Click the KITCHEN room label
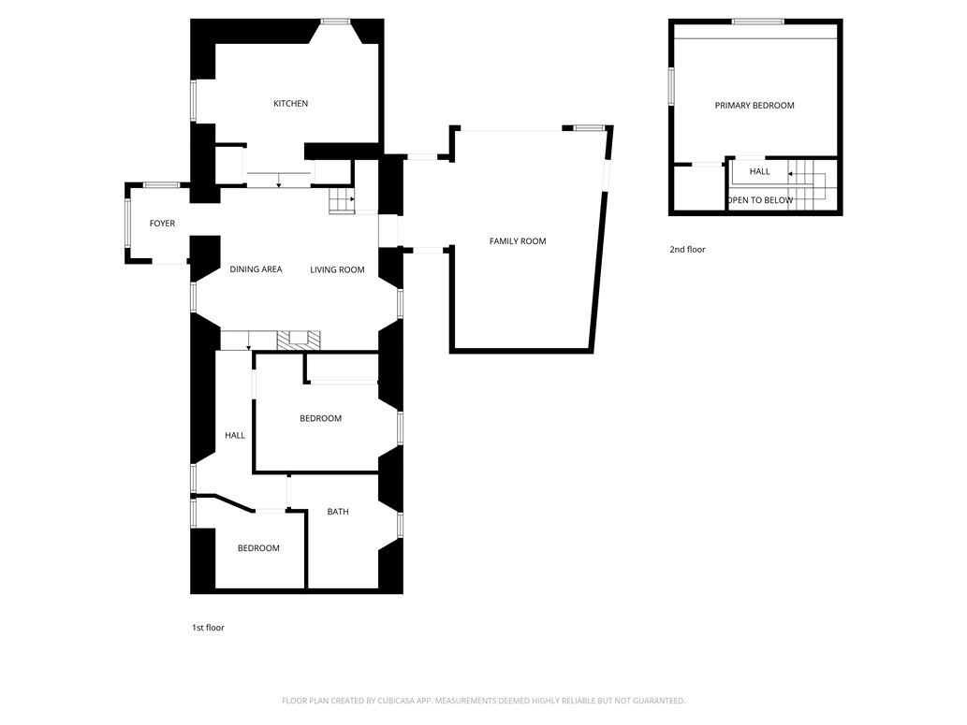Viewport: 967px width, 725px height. [x=290, y=104]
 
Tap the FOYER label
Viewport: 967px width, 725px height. [x=162, y=224]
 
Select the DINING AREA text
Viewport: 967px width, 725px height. [x=256, y=270]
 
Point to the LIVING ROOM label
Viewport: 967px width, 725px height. [x=337, y=270]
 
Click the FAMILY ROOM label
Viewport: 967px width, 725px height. [x=518, y=241]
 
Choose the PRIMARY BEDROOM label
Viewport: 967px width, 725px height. [x=755, y=106]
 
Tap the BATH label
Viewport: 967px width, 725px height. [x=338, y=512]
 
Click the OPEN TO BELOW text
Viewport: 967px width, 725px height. [x=760, y=200]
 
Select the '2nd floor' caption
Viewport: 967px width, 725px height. [x=687, y=250]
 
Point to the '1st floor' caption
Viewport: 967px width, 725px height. [x=208, y=628]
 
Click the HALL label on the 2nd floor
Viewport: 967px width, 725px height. [x=759, y=172]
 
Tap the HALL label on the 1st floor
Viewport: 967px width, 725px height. [x=235, y=435]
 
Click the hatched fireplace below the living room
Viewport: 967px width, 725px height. [x=299, y=339]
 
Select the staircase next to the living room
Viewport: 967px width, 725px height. [x=342, y=199]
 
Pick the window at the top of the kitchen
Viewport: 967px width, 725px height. [x=335, y=22]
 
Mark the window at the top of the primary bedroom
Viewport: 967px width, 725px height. [x=757, y=22]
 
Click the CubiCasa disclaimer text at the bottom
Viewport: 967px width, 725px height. [x=483, y=701]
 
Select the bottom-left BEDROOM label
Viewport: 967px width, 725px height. [x=258, y=548]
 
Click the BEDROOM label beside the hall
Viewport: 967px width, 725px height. [x=320, y=418]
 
